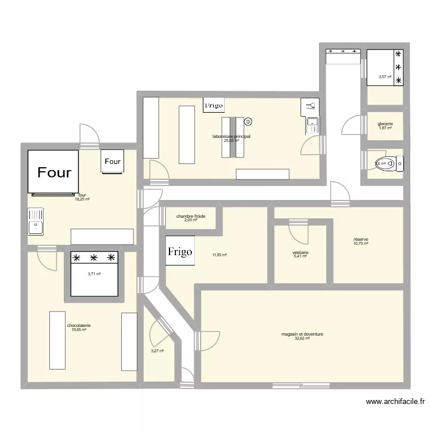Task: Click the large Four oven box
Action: pyautogui.click(x=53, y=171)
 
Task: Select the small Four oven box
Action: pyautogui.click(x=113, y=161)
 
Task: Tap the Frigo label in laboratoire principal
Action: pyautogui.click(x=214, y=105)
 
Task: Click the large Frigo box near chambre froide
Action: pyautogui.click(x=180, y=251)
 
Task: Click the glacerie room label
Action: pyautogui.click(x=385, y=124)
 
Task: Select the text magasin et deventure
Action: pyautogui.click(x=302, y=333)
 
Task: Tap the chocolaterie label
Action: pyautogui.click(x=79, y=325)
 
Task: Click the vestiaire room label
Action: pyautogui.click(x=301, y=252)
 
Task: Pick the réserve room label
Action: pyautogui.click(x=361, y=239)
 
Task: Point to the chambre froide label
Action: pyautogui.click(x=191, y=216)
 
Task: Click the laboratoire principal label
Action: pyautogui.click(x=231, y=136)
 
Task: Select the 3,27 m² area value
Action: pyautogui.click(x=157, y=351)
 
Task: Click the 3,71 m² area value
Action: pyautogui.click(x=94, y=274)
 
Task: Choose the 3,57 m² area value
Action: pyautogui.click(x=385, y=77)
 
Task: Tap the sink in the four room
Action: pyautogui.click(x=36, y=221)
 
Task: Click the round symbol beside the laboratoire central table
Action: pyautogui.click(x=249, y=122)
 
